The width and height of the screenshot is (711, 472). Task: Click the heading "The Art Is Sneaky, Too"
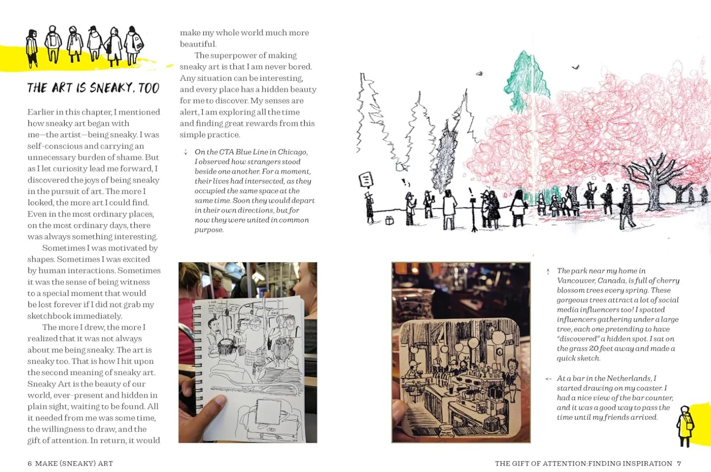coord(93,88)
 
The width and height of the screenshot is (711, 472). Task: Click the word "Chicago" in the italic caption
coord(291,152)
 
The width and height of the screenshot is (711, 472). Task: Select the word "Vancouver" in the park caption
coord(576,281)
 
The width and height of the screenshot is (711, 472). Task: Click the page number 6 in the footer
coord(29,463)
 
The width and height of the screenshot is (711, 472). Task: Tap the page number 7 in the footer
coord(679,463)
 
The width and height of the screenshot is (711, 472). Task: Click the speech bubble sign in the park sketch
coord(366,180)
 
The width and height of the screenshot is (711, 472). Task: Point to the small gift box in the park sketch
coord(389,220)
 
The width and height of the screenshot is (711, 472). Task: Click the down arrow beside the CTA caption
coord(186,152)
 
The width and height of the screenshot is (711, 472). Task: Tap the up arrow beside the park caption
coord(548,271)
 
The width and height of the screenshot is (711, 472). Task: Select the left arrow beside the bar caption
coord(548,379)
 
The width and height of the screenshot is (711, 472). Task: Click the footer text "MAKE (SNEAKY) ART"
coord(74,463)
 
